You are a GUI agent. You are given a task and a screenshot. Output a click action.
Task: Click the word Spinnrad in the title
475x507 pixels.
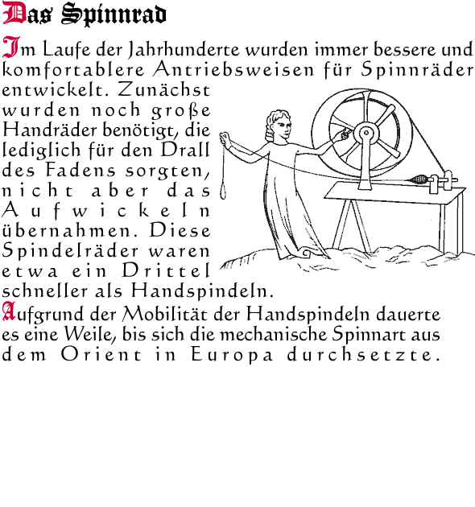(114, 14)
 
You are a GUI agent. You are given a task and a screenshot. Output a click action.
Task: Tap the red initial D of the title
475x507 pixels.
(14, 13)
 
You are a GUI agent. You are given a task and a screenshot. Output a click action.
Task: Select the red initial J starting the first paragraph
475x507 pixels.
(11, 47)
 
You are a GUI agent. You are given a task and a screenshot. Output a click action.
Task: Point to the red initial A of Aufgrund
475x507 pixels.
(9, 311)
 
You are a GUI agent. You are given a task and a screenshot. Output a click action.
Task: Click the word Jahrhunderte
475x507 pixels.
(184, 49)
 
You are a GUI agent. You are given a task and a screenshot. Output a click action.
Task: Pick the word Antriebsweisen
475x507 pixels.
(233, 69)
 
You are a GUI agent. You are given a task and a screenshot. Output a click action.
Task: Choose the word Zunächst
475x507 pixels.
(164, 89)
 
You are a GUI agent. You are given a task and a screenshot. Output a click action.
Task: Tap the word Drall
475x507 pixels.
(185, 150)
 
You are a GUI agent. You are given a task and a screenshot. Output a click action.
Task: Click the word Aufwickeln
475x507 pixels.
(106, 210)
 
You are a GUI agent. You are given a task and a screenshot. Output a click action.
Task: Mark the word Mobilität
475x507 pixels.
(164, 313)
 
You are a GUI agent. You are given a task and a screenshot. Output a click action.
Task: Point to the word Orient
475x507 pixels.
(101, 354)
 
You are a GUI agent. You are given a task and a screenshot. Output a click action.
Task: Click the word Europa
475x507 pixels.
(232, 355)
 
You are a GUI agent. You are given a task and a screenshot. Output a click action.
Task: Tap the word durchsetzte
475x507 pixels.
(363, 354)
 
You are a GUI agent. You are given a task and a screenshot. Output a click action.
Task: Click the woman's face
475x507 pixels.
(283, 126)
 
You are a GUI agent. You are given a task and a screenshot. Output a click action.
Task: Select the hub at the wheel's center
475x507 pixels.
(366, 133)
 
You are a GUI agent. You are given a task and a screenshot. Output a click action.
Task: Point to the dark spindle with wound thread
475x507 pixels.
(419, 179)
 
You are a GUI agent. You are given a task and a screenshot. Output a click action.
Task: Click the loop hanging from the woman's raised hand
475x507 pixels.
(223, 191)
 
